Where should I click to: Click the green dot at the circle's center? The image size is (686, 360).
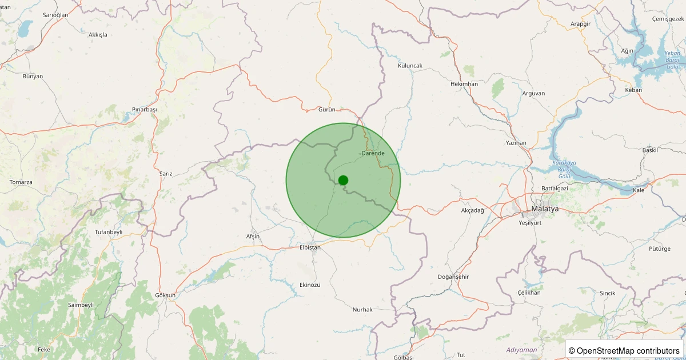tap(343, 180)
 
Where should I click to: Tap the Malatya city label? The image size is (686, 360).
tap(545, 209)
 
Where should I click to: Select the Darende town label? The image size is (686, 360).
tap(373, 153)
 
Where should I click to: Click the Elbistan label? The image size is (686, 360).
tap(310, 247)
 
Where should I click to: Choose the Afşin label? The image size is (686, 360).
tap(252, 237)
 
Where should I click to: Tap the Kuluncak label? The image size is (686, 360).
tap(410, 66)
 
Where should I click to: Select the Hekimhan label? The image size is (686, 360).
tap(464, 84)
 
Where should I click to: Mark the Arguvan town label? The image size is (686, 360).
tap(533, 93)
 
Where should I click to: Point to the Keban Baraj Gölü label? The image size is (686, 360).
tap(672, 60)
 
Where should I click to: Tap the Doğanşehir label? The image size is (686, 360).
tap(453, 277)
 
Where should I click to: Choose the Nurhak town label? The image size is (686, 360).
tap(362, 309)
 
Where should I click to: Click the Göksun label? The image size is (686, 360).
tap(165, 295)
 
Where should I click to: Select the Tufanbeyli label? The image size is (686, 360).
tap(109, 232)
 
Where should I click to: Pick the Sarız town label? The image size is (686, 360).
tap(166, 173)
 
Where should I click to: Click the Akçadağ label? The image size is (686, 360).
tap(472, 210)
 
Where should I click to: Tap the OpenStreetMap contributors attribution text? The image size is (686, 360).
tap(628, 350)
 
